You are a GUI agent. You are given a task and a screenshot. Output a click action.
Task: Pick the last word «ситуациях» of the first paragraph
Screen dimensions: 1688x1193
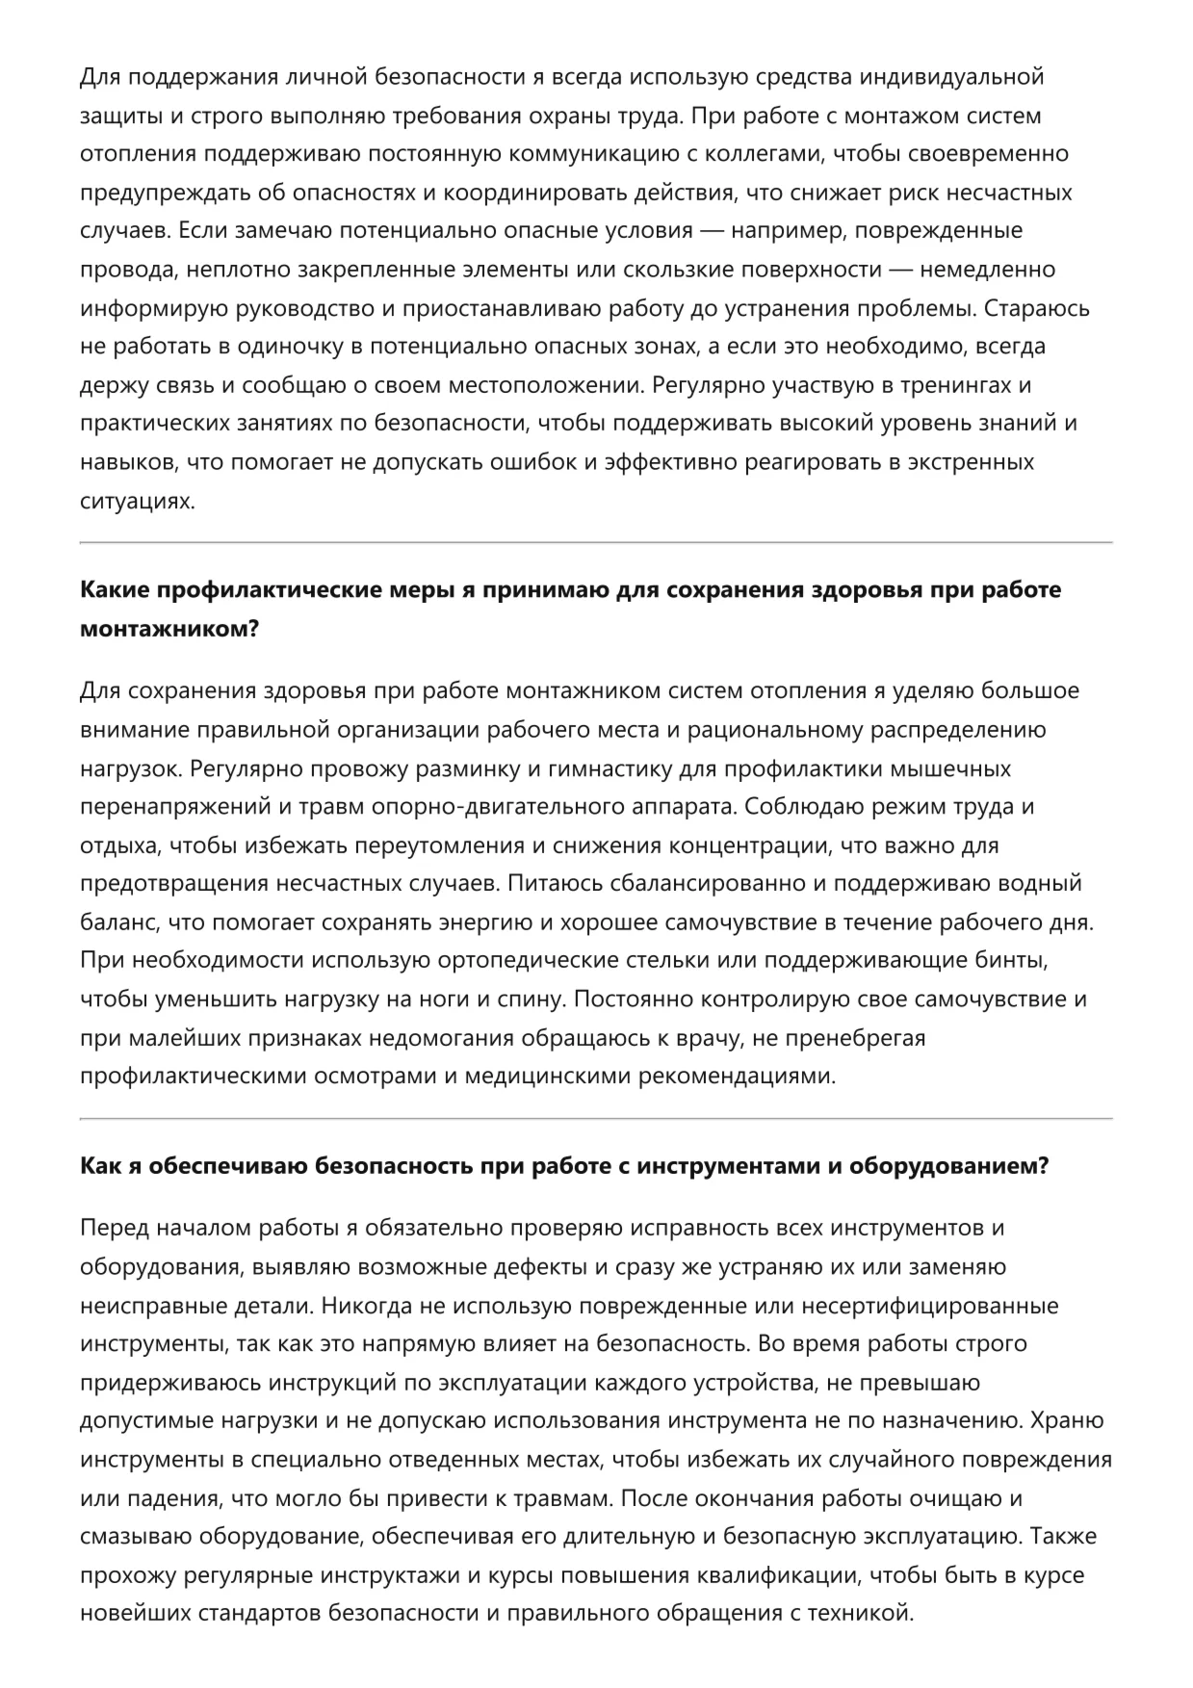(x=137, y=501)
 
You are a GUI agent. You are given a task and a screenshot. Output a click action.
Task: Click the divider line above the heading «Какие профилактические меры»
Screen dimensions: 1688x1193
(x=596, y=543)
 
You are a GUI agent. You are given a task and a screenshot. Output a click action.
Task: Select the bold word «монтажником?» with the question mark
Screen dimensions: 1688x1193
(x=169, y=629)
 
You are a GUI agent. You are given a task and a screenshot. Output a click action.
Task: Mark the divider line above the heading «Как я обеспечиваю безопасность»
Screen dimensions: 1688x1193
(x=596, y=1119)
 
